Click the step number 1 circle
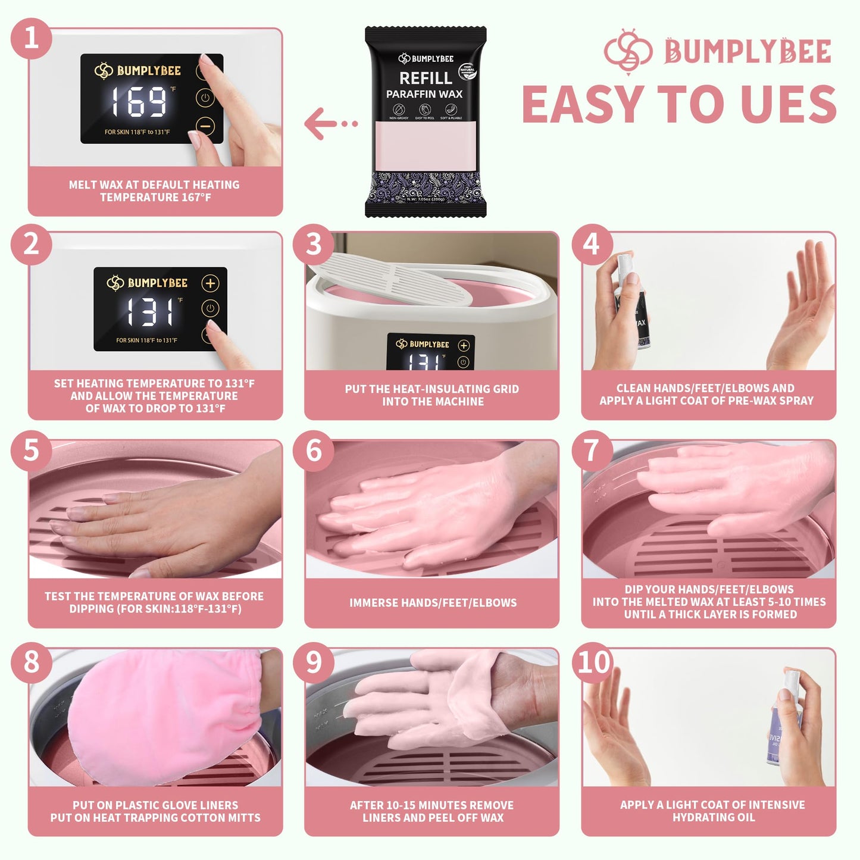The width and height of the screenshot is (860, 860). [31, 38]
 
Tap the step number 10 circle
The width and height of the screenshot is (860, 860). [593, 662]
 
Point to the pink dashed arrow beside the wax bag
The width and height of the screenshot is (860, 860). [331, 124]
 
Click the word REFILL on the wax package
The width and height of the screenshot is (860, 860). [425, 78]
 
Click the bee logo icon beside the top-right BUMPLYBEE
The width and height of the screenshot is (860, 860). [628, 51]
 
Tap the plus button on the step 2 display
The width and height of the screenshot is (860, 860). [210, 283]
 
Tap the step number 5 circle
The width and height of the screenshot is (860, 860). [31, 451]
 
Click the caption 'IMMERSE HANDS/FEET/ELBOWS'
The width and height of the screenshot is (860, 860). [433, 603]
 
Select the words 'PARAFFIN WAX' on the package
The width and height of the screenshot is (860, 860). [424, 94]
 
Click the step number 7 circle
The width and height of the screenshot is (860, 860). [592, 451]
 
